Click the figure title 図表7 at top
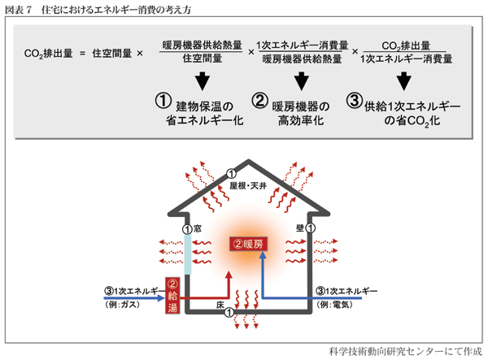click(19, 9)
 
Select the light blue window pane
click(188, 256)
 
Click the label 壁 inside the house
click(300, 229)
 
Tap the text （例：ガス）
click(124, 303)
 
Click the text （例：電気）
click(336, 303)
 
